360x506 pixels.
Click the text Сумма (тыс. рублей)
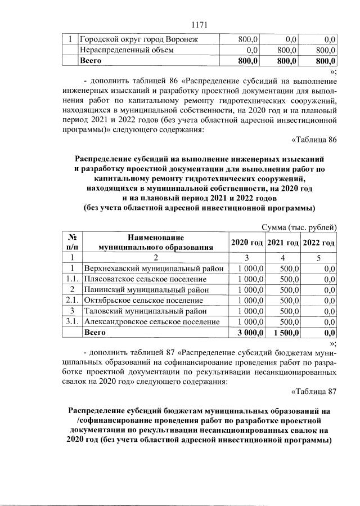[299, 227]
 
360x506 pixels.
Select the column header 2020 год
[247, 243]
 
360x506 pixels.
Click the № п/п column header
[71, 243]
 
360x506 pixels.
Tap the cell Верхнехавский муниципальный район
[154, 268]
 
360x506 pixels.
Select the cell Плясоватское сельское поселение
[145, 279]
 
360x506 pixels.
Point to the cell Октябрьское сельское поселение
[143, 301]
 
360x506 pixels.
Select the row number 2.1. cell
[71, 301]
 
